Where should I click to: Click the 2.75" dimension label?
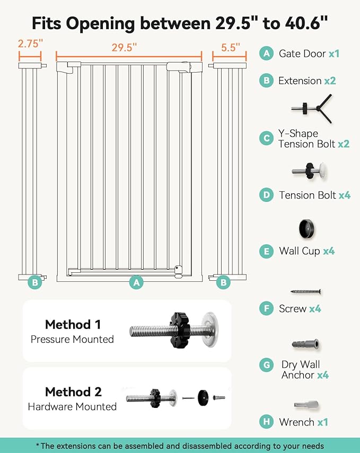[29, 43]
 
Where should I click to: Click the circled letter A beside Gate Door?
[267, 54]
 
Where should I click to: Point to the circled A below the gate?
[137, 282]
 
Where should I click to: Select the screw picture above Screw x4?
[306, 291]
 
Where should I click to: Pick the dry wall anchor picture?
[305, 344]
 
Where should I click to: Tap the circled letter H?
[267, 422]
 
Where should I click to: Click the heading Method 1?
[73, 324]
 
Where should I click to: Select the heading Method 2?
[73, 392]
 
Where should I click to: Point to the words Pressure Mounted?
[72, 339]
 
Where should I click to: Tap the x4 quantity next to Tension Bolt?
[345, 195]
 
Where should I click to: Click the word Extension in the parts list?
[300, 81]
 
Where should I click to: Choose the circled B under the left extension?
[35, 282]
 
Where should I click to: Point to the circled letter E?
[267, 251]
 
